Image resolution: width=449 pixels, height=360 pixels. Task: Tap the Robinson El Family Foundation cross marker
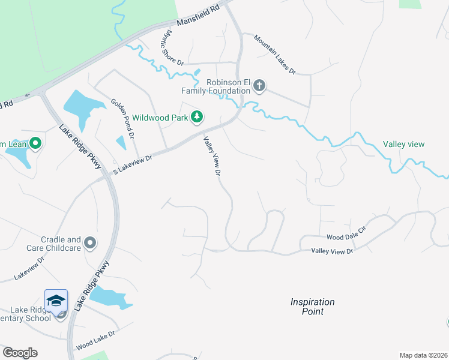pos(259,86)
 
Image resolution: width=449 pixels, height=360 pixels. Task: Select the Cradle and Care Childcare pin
pos(90,243)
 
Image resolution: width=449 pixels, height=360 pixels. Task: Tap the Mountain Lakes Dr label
pos(274,54)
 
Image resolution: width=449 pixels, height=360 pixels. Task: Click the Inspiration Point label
pos(312,307)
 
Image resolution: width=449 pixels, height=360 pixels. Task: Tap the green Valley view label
pos(404,144)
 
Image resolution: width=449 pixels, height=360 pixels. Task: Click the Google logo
pos(20,353)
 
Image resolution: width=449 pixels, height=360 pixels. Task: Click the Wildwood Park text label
pos(160,118)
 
